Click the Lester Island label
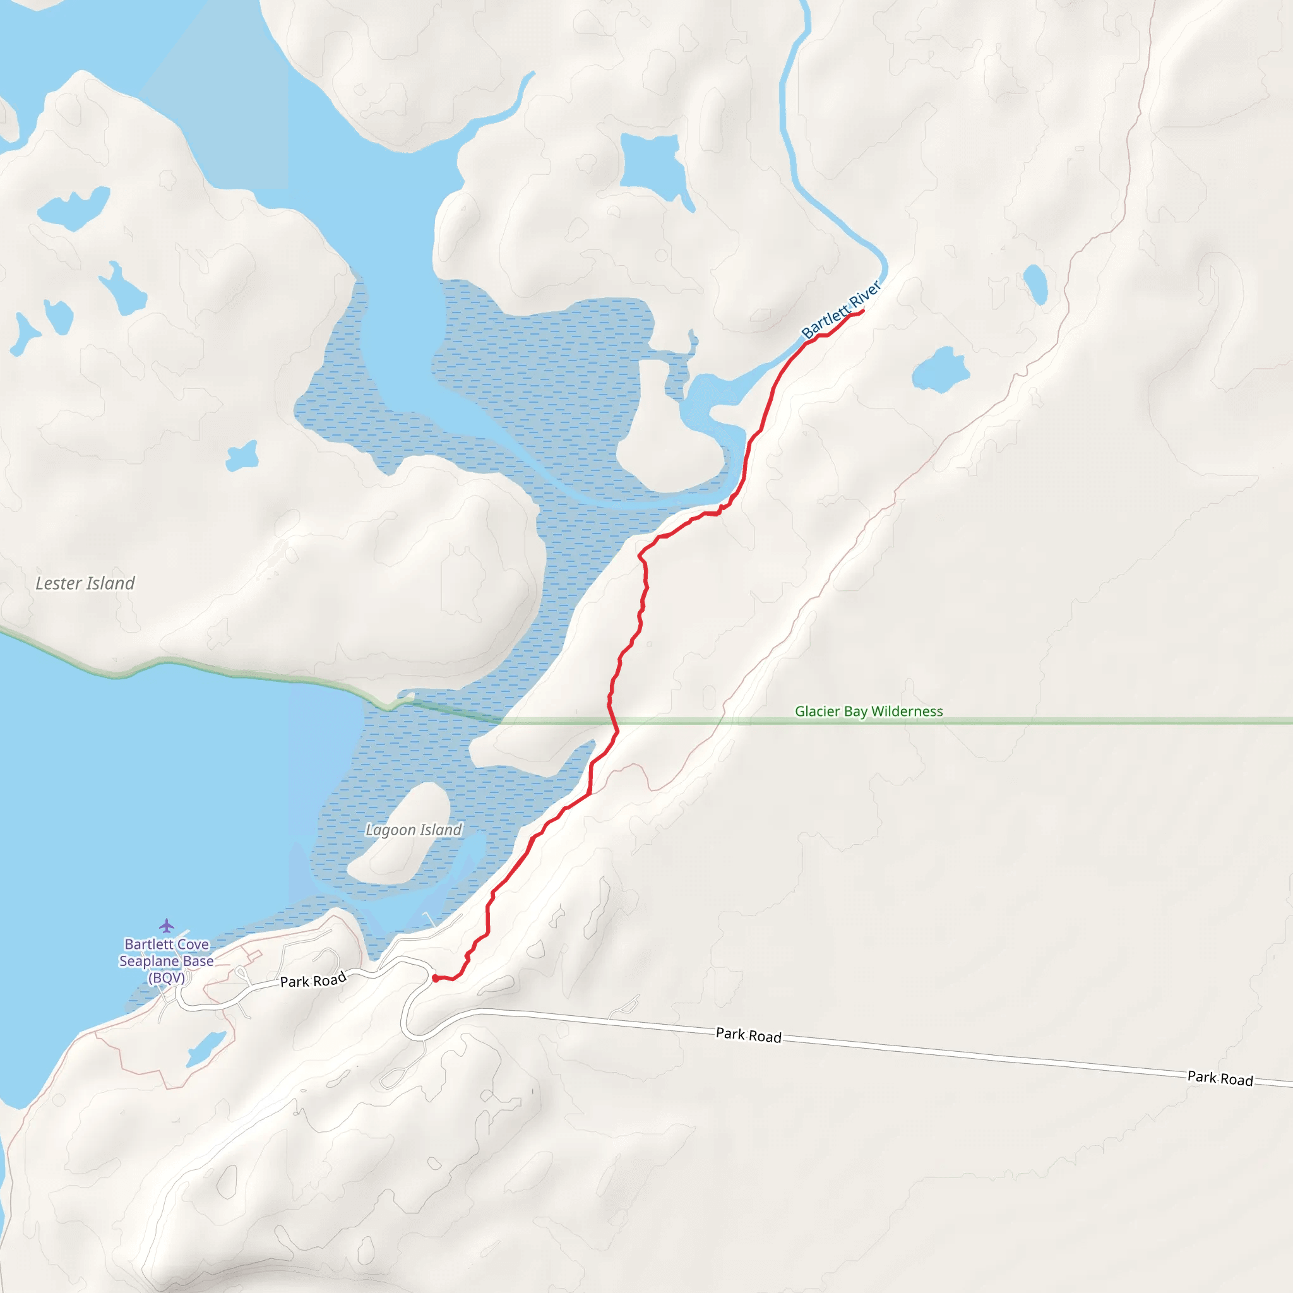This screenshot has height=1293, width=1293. click(85, 583)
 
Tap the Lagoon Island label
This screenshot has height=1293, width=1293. click(414, 830)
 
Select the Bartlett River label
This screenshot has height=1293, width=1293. click(841, 310)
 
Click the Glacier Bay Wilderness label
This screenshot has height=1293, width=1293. click(869, 712)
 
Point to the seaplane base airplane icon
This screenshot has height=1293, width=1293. click(167, 926)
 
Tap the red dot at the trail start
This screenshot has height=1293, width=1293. click(435, 979)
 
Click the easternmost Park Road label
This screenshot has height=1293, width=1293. click(1219, 1078)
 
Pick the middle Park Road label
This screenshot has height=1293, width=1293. click(748, 1035)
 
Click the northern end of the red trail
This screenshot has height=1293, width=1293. click(862, 311)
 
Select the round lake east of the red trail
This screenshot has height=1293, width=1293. click(939, 370)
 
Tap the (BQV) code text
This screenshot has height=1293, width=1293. click(167, 978)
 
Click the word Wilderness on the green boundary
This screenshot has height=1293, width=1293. click(907, 712)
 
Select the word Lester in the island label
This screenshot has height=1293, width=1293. click(57, 583)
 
